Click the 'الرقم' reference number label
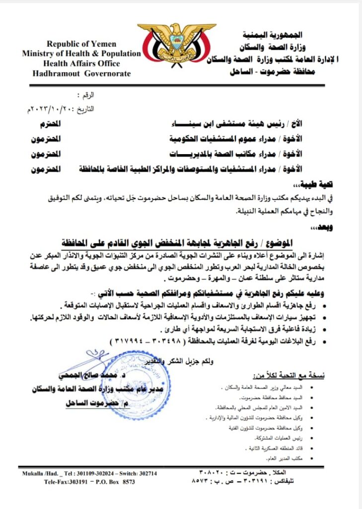[x=85, y=94]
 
